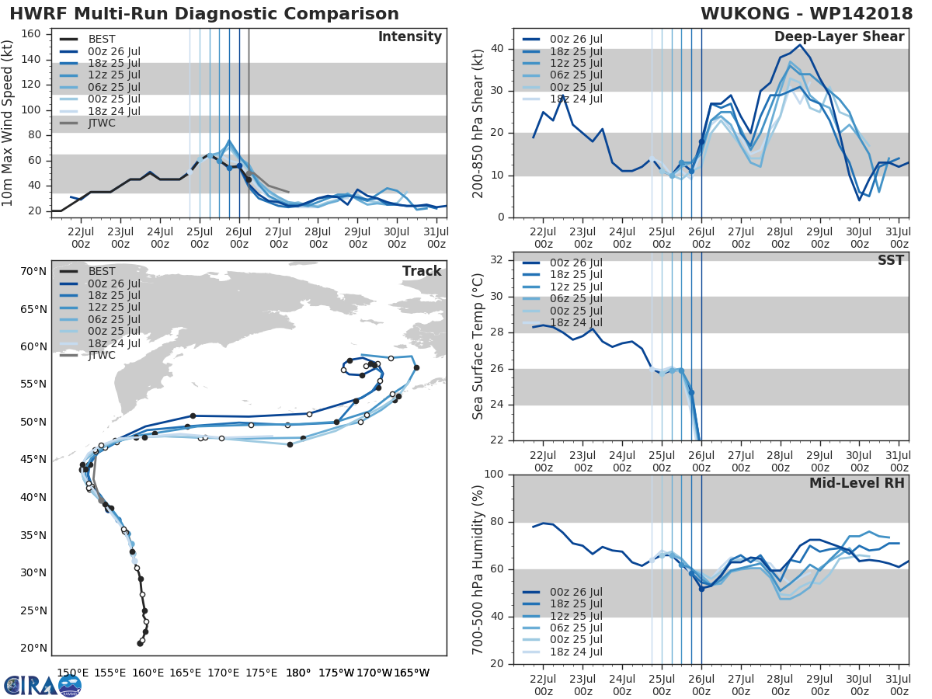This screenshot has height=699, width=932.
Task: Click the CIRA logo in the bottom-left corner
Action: pyautogui.click(x=42, y=685)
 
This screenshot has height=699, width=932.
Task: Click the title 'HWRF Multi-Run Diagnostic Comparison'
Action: pyautogui.click(x=204, y=14)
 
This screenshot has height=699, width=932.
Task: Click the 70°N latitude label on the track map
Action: pyautogui.click(x=33, y=271)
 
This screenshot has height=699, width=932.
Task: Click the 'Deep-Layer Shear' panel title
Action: pyautogui.click(x=839, y=37)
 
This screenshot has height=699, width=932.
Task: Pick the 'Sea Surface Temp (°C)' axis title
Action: pyautogui.click(x=478, y=346)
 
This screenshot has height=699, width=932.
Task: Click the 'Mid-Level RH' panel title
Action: pyautogui.click(x=857, y=483)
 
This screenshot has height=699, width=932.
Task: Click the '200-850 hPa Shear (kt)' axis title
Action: pyautogui.click(x=478, y=123)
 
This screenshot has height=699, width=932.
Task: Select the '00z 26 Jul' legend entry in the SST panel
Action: pyautogui.click(x=574, y=263)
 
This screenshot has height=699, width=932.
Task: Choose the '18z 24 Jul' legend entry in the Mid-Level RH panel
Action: pyautogui.click(x=574, y=652)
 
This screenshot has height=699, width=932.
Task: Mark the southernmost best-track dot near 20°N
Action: pyautogui.click(x=140, y=643)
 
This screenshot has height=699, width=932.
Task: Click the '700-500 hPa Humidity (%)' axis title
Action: pyautogui.click(x=478, y=569)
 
